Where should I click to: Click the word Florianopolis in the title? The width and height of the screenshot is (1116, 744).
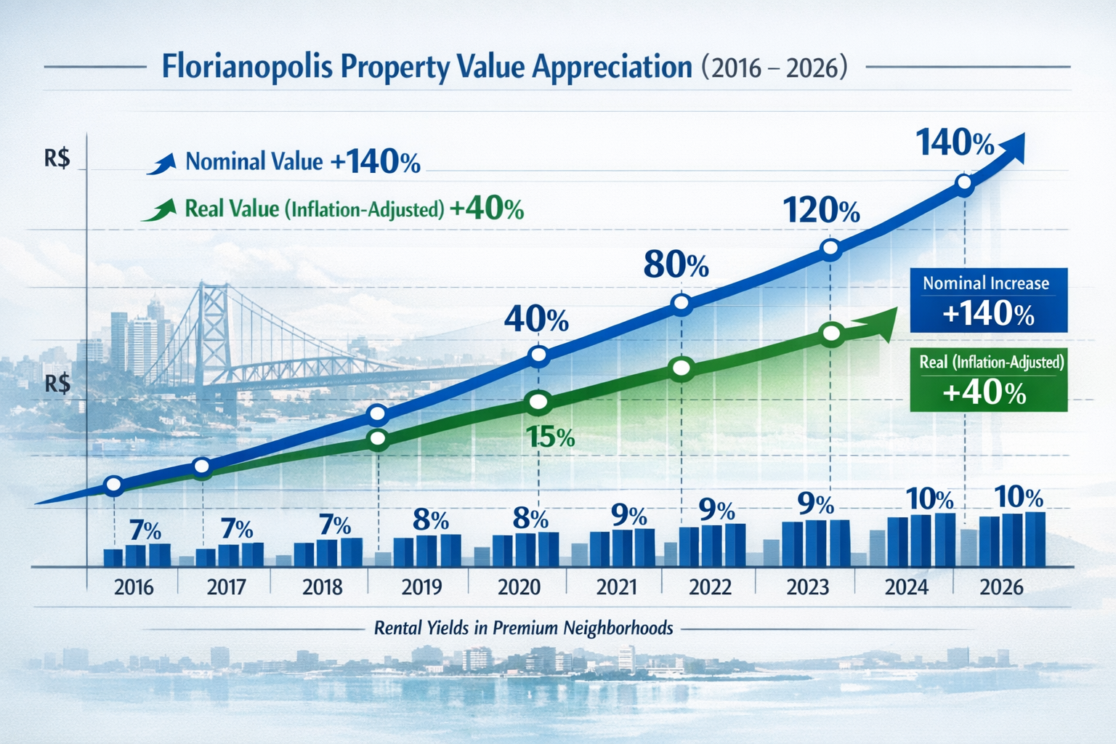pos(246,67)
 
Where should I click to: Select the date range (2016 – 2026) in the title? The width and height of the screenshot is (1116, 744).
pos(775,68)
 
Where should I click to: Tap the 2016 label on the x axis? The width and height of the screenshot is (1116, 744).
pos(134,587)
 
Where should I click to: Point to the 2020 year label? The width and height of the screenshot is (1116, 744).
pos(519,587)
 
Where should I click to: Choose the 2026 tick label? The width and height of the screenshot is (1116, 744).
pos(1001,587)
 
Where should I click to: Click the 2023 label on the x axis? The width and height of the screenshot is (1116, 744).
pos(807,587)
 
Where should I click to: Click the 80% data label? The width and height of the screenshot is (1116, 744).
pos(676,265)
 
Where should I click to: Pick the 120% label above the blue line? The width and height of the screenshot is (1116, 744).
pos(821,211)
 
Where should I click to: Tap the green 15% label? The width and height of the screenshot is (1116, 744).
pos(550,437)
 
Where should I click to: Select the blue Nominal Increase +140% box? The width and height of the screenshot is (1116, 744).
pos(988,300)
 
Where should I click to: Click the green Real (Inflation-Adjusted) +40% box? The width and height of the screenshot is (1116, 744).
pos(988,379)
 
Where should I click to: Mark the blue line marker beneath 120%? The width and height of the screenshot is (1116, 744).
pos(830,249)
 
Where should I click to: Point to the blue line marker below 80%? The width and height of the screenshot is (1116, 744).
pos(681,303)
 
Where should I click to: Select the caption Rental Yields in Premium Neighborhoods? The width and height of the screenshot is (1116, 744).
pos(523,628)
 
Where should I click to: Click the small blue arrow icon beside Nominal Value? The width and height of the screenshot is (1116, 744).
pos(161,163)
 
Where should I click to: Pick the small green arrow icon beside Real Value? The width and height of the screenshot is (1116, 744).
pos(160,211)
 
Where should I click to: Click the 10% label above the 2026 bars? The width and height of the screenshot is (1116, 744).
pos(1018,497)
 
